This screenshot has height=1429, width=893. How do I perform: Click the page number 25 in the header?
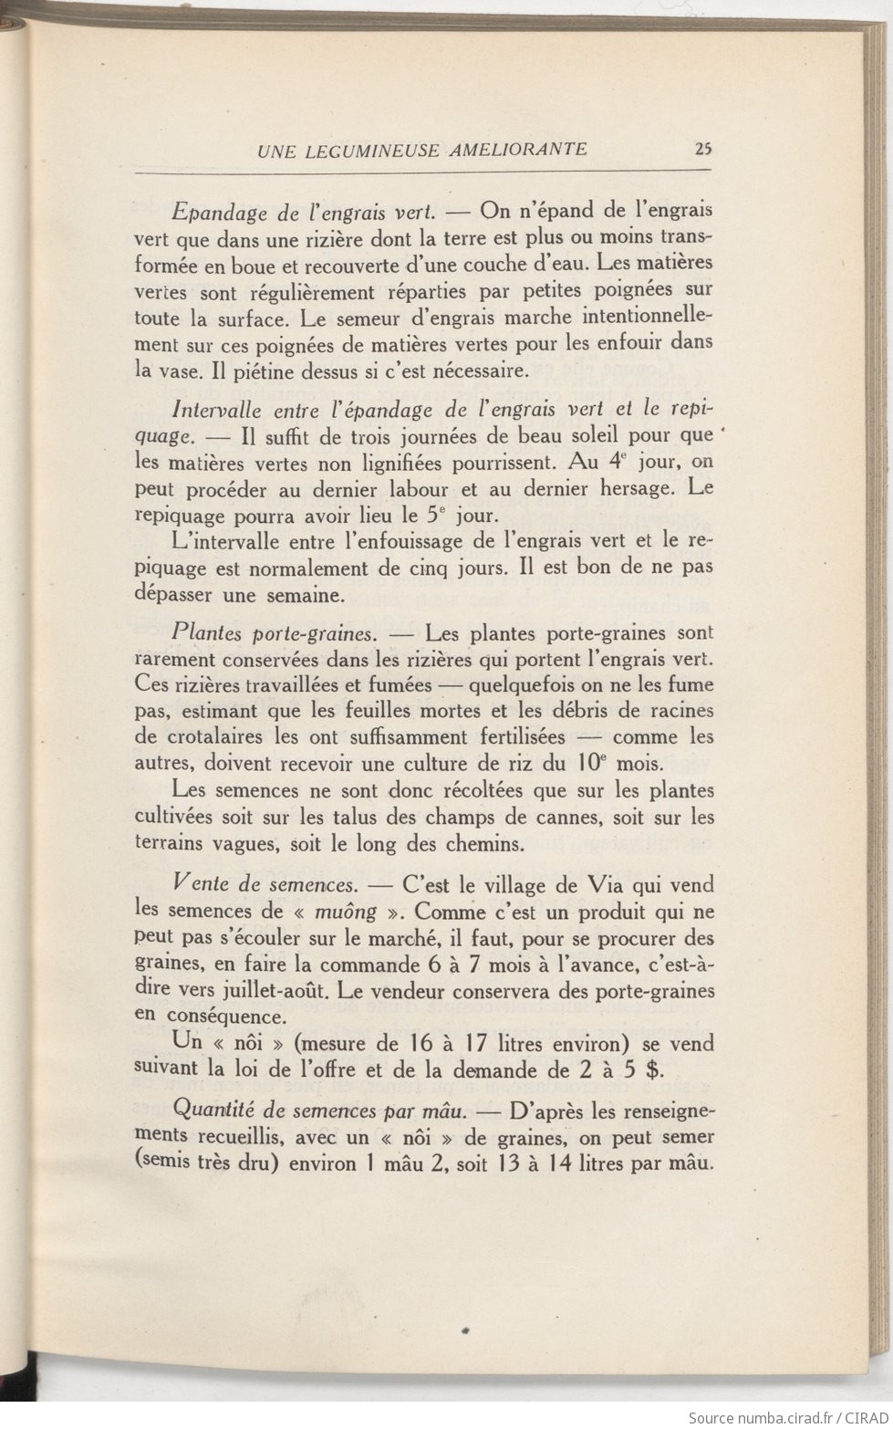[702, 150]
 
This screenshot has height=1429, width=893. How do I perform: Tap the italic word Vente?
[198, 884]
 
